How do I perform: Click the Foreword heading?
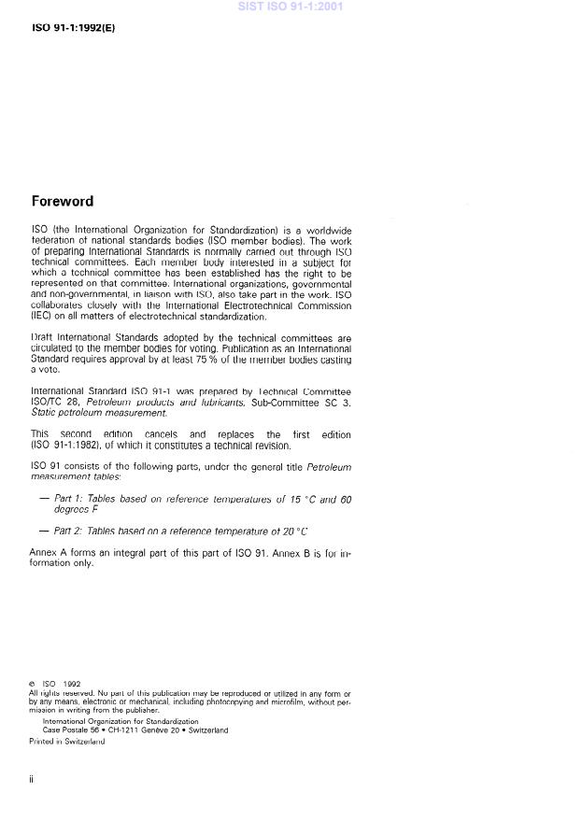[63, 201]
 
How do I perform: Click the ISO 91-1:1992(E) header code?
[74, 27]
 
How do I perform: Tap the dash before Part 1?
[44, 500]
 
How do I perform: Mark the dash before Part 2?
[44, 531]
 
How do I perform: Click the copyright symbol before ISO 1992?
[32, 684]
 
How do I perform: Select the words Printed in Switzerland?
[66, 741]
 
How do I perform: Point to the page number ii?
[32, 779]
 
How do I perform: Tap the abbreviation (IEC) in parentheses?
[41, 317]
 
